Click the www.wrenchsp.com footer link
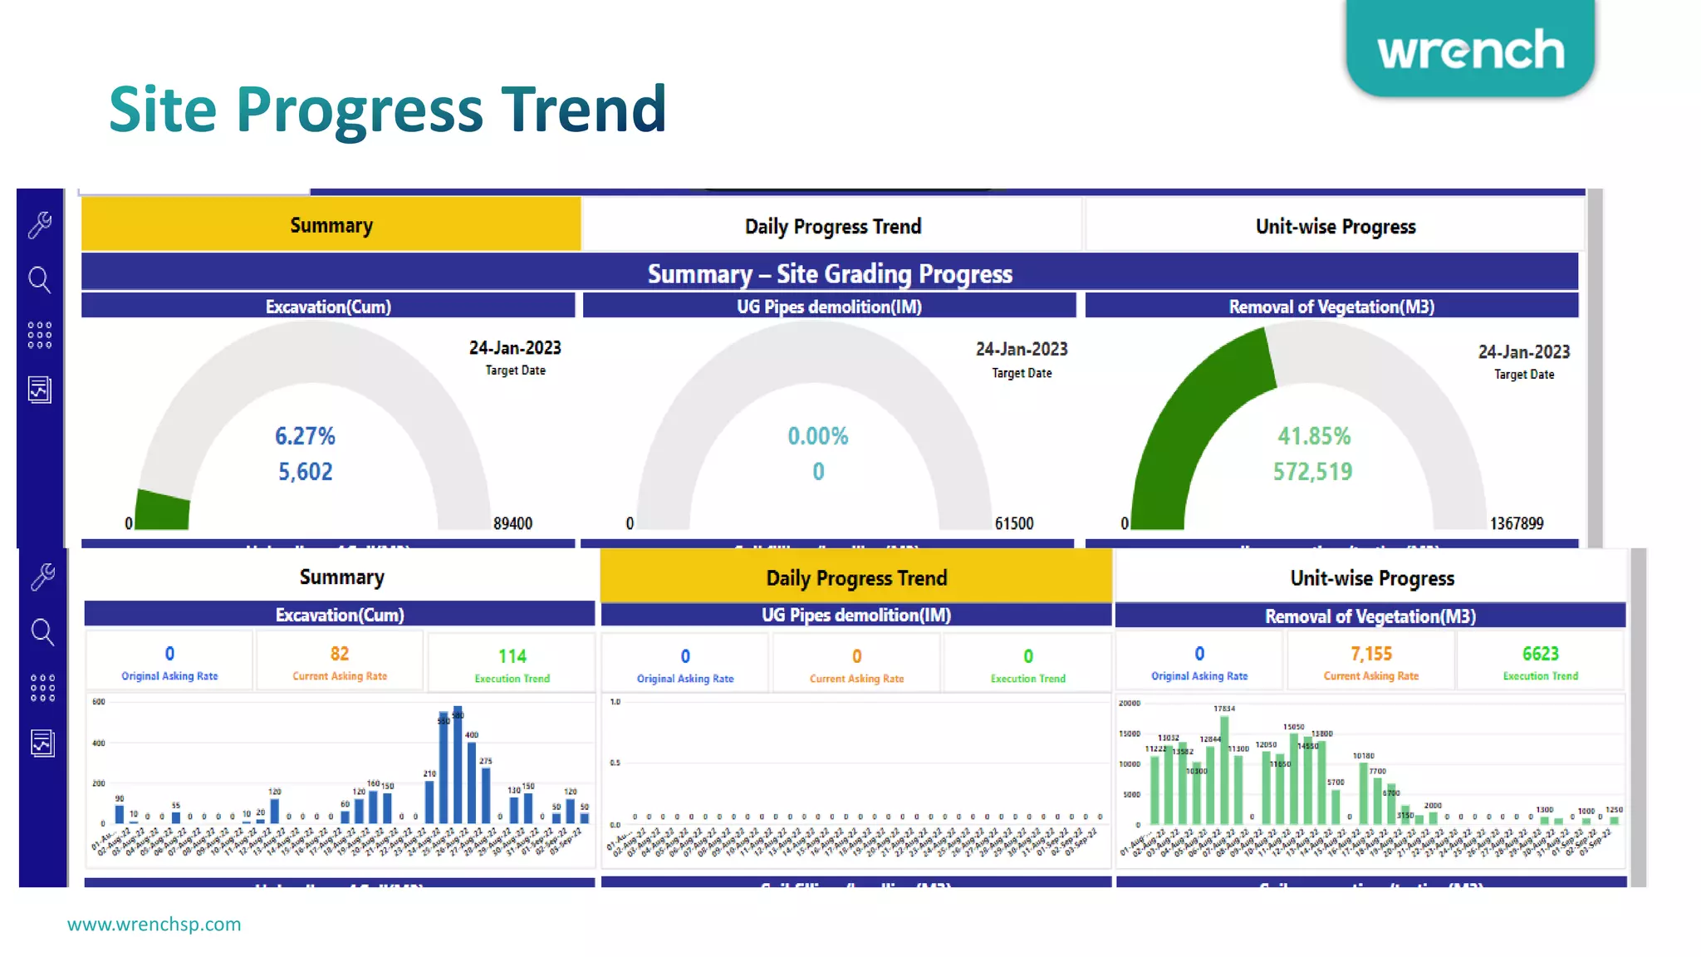[154, 924]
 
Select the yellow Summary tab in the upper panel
[331, 225]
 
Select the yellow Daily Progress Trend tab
[855, 577]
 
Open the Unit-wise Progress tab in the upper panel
[1335, 226]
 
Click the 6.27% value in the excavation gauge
[305, 436]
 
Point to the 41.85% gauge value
[1314, 436]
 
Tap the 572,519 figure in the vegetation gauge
[1312, 472]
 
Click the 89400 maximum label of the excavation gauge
[512, 523]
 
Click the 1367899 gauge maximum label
[1517, 523]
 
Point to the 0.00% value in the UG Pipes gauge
[817, 436]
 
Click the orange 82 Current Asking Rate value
[339, 654]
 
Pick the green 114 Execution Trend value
[512, 656]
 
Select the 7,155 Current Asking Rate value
[1370, 654]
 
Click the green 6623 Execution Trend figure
[1540, 654]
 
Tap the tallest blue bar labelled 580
[457, 768]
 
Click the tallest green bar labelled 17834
[1224, 768]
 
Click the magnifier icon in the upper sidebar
[39, 280]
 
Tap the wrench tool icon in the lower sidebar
[42, 577]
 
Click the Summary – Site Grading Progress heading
[829, 273]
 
